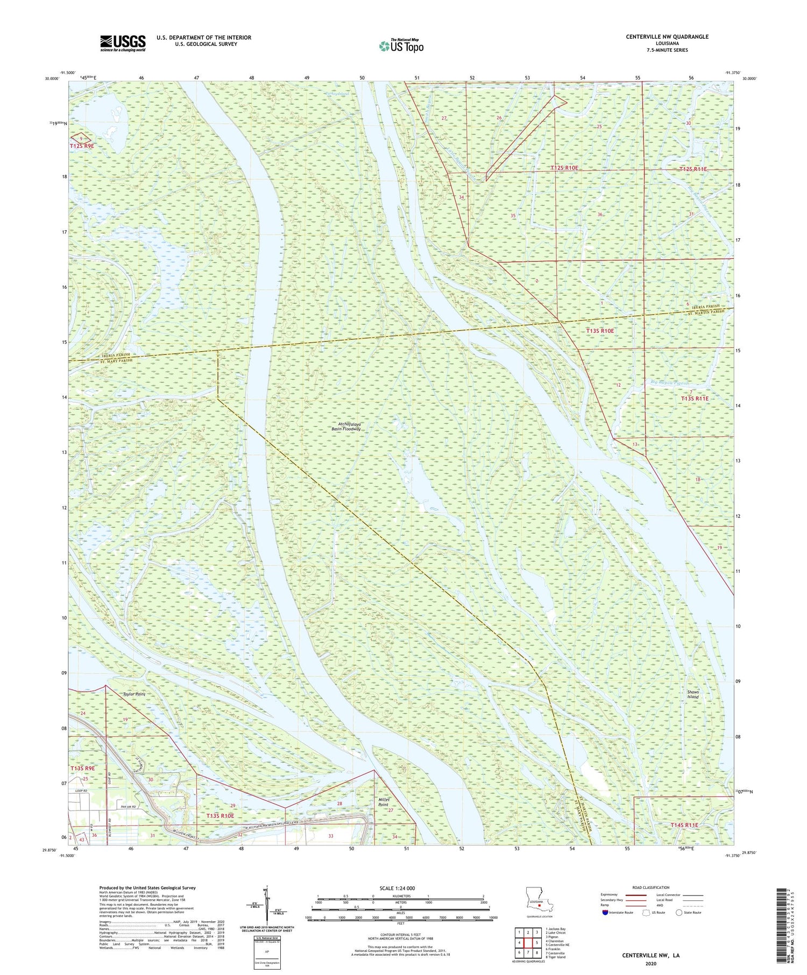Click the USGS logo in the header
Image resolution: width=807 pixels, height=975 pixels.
pos(123,43)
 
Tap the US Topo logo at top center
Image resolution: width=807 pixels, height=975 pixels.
pos(401,46)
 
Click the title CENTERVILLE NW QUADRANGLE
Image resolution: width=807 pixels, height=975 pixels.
pos(667,37)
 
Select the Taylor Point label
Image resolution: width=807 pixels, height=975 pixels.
pos(134,694)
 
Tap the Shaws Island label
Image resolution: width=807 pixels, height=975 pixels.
pos(693,694)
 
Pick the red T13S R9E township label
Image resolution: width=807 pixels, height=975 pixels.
pos(82,768)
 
